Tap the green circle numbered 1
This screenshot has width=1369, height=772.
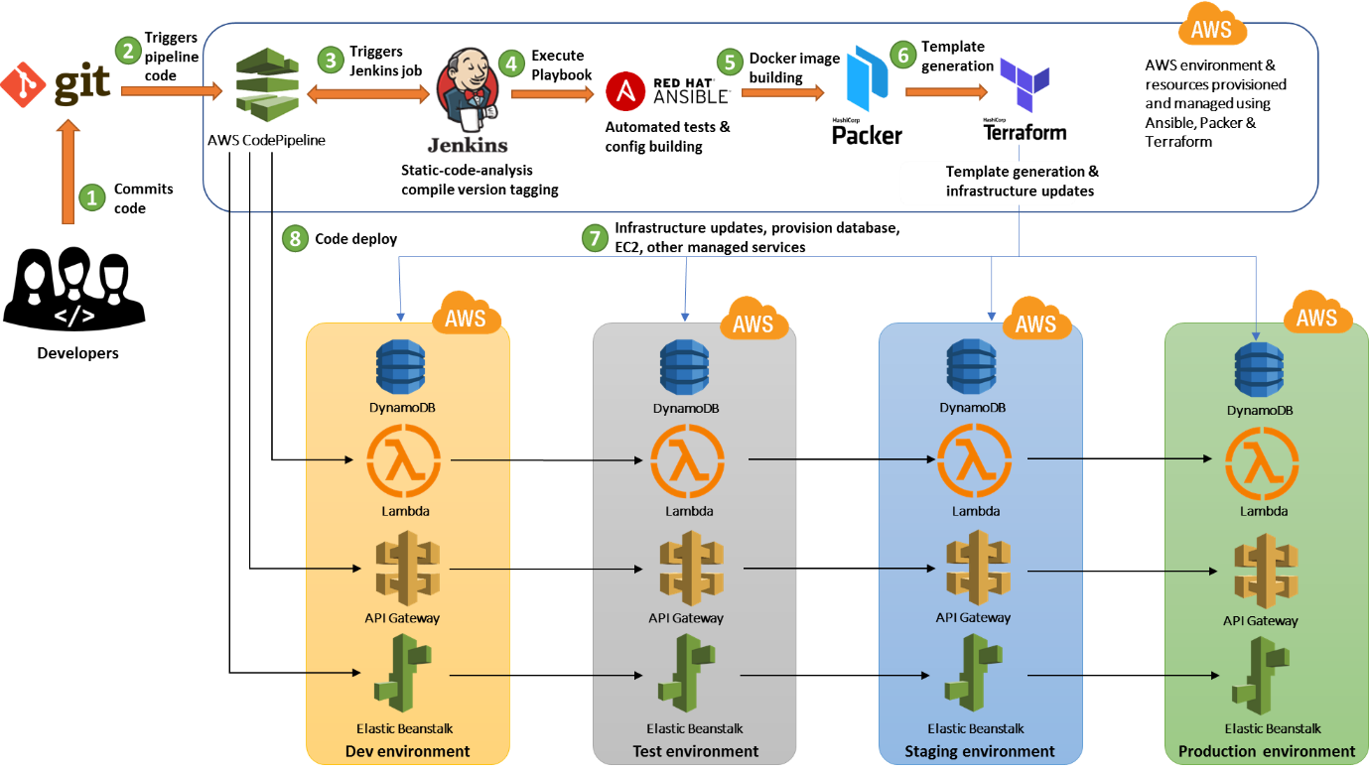[x=91, y=197]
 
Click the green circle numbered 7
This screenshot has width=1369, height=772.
[x=595, y=238]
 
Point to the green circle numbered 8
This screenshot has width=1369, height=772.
[x=294, y=238]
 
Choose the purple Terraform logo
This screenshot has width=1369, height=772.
[x=1025, y=85]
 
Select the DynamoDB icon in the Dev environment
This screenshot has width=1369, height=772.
[x=400, y=367]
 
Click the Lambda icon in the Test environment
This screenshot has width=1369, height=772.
[x=687, y=462]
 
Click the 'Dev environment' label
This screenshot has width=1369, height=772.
[x=408, y=751]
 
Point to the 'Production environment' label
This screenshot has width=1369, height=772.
[x=1266, y=751]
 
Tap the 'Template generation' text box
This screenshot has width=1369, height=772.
[x=988, y=181]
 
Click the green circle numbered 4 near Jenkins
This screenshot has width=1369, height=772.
[x=511, y=64]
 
